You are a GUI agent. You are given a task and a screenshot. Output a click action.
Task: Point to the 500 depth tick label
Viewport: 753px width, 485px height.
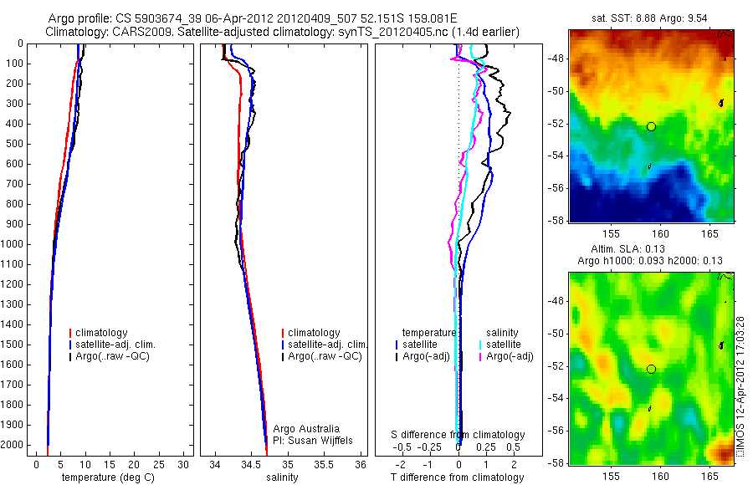coord(15,144)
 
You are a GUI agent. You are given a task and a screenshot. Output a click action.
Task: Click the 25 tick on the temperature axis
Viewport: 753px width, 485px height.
coord(158,464)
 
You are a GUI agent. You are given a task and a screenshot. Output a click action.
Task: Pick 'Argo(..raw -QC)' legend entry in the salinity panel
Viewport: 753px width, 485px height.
coord(325,356)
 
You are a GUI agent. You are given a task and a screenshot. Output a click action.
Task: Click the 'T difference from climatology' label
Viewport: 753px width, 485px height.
coord(458,477)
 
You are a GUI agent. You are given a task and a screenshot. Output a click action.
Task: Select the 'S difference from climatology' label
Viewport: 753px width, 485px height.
coord(458,435)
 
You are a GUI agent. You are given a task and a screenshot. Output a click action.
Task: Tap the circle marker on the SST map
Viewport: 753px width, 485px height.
coord(651,126)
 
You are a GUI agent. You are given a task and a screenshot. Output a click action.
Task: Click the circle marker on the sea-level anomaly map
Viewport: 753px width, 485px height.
coord(651,369)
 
